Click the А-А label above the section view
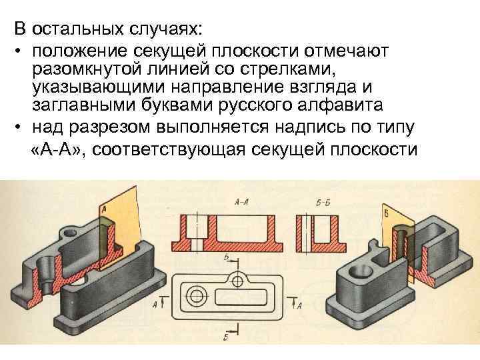[x=242, y=201]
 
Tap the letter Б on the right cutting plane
[x=387, y=213]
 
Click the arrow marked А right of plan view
[x=297, y=304]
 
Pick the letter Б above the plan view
[x=227, y=257]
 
